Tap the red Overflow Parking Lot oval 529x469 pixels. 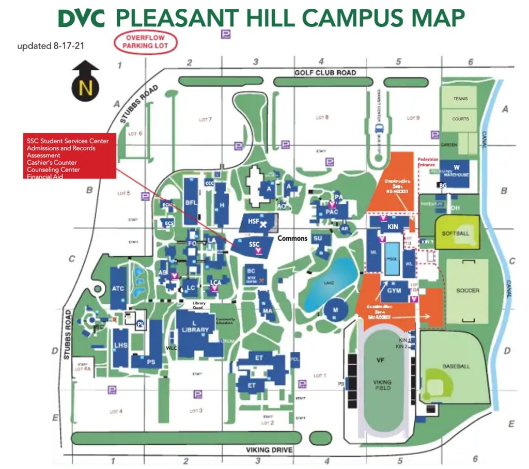click(145, 42)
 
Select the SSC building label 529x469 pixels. click(254, 244)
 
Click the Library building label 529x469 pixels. click(196, 330)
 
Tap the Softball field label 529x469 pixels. click(456, 233)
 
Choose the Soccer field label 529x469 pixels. click(467, 290)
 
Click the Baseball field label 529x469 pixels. click(456, 366)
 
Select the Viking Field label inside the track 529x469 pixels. click(383, 385)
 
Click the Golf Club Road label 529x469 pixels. click(325, 73)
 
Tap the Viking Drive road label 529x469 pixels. click(269, 450)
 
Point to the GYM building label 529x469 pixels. click(394, 291)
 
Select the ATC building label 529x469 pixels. click(118, 288)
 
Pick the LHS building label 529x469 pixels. click(120, 345)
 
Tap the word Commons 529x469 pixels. click(293, 239)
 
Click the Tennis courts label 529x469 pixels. click(460, 98)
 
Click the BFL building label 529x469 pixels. click(191, 202)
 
